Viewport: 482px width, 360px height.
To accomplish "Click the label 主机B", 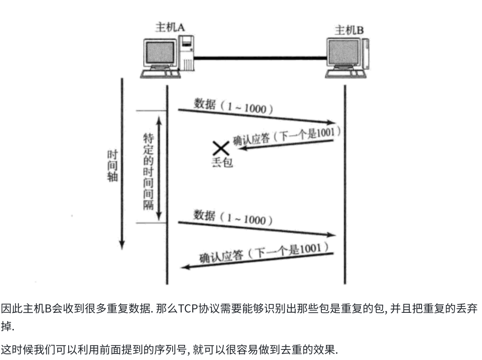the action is coord(349,30).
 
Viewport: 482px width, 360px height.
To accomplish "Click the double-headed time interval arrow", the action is coord(159,167).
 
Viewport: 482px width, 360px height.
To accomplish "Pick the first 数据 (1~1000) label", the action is coord(233,107).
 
